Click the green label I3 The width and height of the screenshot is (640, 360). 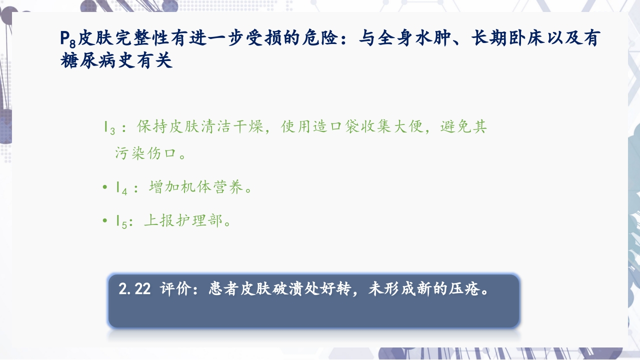point(109,127)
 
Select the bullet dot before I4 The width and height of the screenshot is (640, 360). point(104,187)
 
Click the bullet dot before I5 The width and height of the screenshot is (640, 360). point(104,220)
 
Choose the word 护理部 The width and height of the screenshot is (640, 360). point(200,220)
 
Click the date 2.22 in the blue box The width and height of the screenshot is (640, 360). point(135,289)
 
